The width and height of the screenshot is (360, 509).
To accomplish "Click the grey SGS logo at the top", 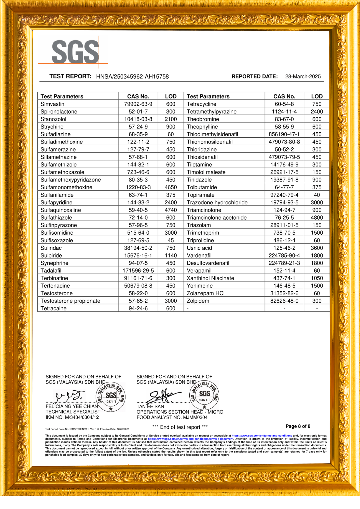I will pyautogui.click(x=75, y=52).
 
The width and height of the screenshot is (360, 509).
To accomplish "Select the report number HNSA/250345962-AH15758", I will pyautogui.click(x=132, y=77).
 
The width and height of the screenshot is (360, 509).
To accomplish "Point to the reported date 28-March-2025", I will pyautogui.click(x=303, y=77).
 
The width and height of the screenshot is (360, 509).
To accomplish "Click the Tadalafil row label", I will pyautogui.click(x=51, y=271).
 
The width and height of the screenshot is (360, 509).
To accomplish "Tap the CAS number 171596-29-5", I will pyautogui.click(x=138, y=271).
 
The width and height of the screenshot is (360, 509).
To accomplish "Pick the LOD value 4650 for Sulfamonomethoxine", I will pyautogui.click(x=171, y=187).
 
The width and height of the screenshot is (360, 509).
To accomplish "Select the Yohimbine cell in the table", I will pyautogui.click(x=200, y=286).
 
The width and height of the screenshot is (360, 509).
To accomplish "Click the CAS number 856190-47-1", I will pyautogui.click(x=284, y=134).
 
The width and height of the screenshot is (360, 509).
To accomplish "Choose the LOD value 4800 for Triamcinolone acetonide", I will pyautogui.click(x=317, y=218).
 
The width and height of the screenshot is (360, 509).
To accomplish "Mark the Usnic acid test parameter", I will pyautogui.click(x=199, y=248).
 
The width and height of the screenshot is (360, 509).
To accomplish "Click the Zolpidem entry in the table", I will pyautogui.click(x=198, y=301).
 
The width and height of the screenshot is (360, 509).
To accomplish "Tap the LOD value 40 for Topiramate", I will pyautogui.click(x=317, y=195).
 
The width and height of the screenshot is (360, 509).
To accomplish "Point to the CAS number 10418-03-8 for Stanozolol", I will pyautogui.click(x=138, y=119).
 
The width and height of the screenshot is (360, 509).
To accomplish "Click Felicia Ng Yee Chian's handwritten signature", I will pyautogui.click(x=70, y=395).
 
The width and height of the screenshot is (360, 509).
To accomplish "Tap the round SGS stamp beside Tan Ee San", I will pyautogui.click(x=204, y=395).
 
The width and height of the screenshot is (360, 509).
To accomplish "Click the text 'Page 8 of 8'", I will pyautogui.click(x=298, y=426).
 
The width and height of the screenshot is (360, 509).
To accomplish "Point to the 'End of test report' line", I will pyautogui.click(x=180, y=427).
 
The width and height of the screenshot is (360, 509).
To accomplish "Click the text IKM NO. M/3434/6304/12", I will pyautogui.click(x=72, y=417).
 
